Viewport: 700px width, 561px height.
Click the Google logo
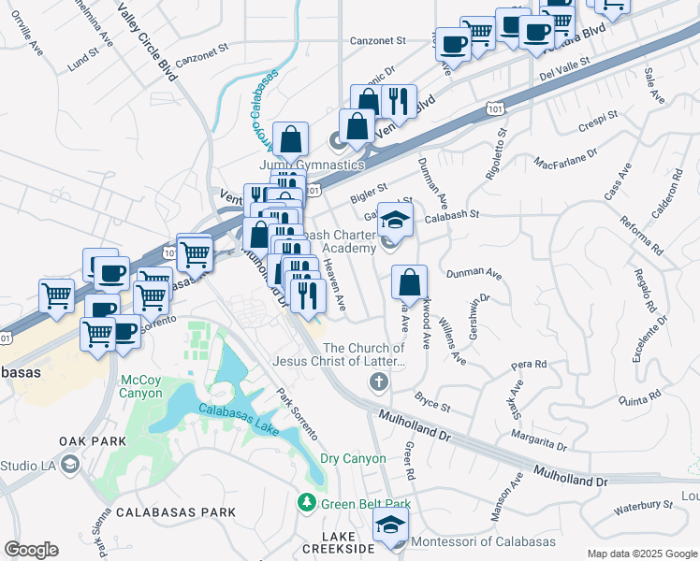coord(31,550)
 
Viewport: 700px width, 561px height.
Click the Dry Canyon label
coord(353,458)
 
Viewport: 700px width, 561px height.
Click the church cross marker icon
coord(378,381)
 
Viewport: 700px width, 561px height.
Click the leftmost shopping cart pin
coord(57,295)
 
